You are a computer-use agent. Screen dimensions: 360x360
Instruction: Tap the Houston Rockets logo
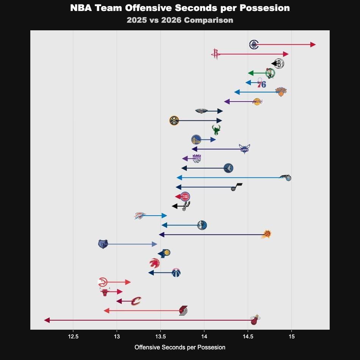(216, 54)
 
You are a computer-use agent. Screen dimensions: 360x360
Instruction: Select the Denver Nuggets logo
(174, 121)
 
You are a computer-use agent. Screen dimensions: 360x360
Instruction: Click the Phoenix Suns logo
(266, 235)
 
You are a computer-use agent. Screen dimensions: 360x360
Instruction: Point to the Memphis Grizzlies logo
(103, 244)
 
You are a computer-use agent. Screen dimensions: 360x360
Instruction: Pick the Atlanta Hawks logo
(103, 282)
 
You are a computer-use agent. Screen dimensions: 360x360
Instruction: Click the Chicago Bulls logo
(105, 292)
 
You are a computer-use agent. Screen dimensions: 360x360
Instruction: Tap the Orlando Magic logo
(285, 178)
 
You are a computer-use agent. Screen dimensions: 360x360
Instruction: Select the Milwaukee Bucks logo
(216, 130)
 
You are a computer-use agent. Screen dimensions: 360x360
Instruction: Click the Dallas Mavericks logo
(202, 225)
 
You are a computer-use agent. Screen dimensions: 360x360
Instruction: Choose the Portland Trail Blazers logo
(183, 311)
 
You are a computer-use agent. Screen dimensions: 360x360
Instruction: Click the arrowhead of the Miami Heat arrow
(47, 320)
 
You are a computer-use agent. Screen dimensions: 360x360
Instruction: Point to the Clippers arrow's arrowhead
(313, 45)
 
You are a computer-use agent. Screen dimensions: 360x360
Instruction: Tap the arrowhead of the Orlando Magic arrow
(179, 178)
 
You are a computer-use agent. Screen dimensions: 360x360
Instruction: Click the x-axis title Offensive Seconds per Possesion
(180, 347)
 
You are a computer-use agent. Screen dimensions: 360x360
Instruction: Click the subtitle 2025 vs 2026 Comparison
(180, 20)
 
